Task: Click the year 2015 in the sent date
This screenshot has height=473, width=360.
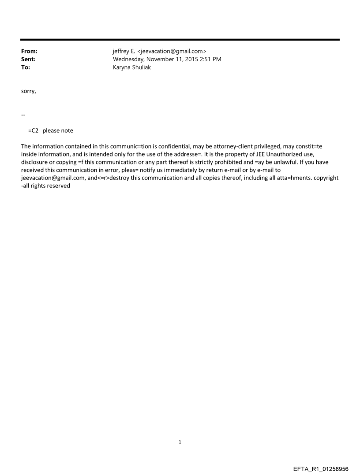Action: point(191,60)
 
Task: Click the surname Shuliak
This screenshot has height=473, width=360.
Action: point(140,67)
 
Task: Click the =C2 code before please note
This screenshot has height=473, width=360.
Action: point(34,130)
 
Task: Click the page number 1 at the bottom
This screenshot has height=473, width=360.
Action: point(180,442)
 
